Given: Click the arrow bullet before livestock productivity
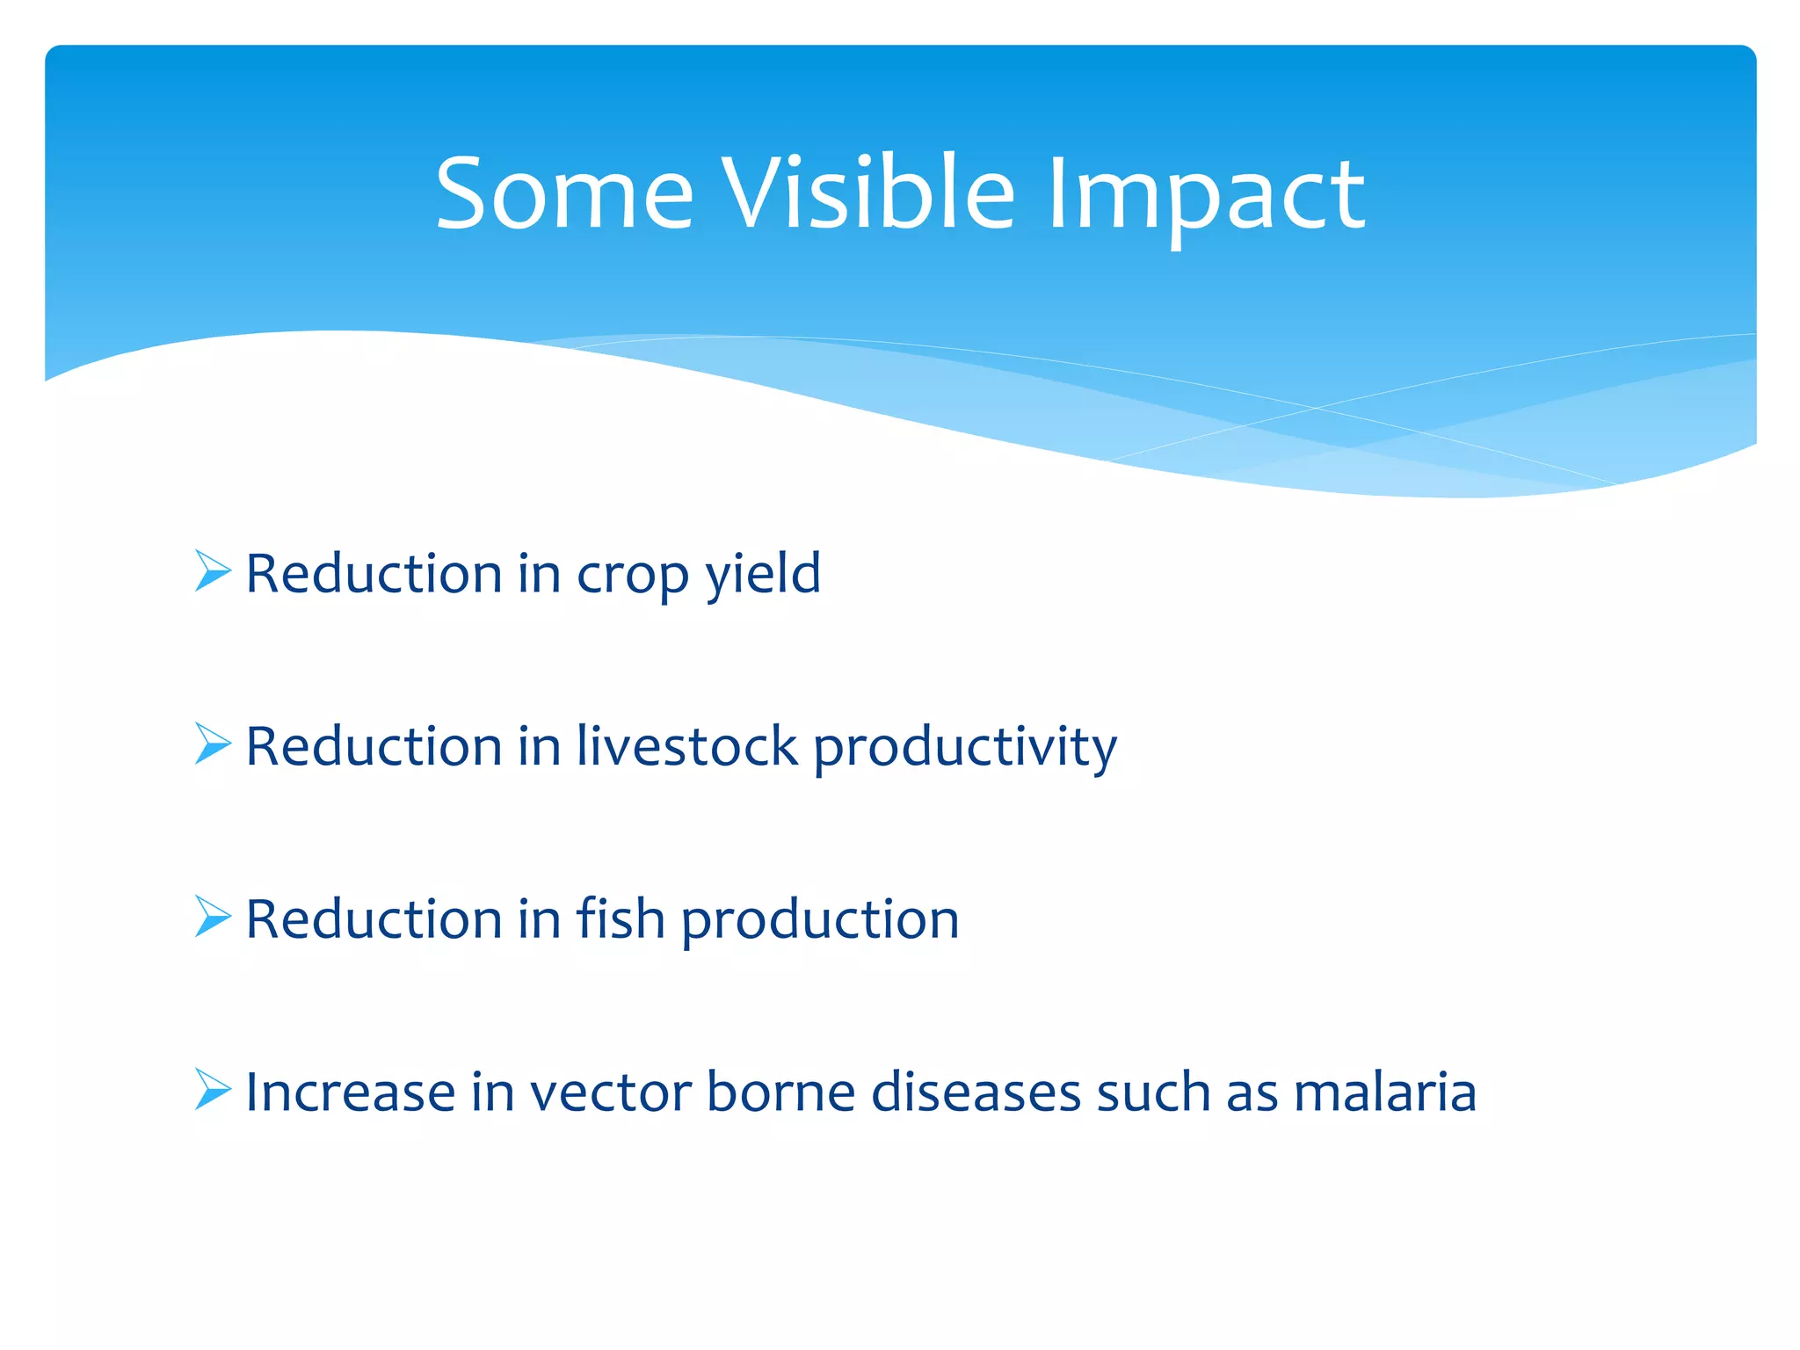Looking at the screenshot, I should [212, 744].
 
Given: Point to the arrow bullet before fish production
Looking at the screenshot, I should [212, 917].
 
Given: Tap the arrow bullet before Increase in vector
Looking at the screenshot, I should [212, 1090].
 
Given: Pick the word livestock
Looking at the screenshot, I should [686, 746].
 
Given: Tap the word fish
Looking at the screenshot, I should [620, 918].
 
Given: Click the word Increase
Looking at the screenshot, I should [350, 1092].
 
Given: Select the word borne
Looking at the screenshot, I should [780, 1092].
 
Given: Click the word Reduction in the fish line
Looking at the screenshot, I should [374, 919].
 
